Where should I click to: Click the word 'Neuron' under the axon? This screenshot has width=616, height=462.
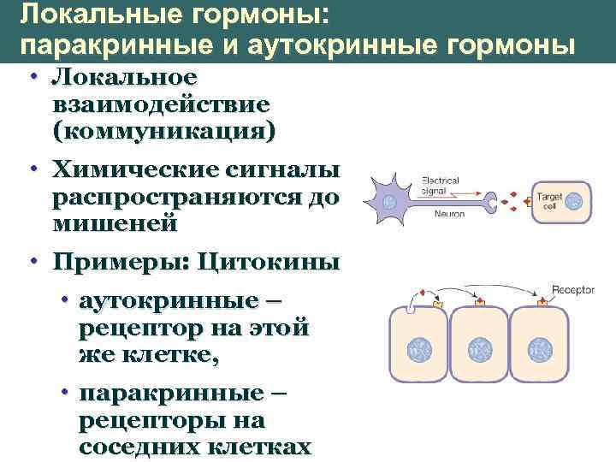pos(449,213)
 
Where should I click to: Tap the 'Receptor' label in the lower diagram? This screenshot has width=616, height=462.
pos(573,290)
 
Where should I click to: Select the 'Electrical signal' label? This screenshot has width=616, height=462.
pos(440,186)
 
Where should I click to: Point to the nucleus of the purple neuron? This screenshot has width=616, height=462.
pos(390,203)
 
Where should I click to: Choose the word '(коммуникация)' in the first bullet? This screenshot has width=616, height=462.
pos(163,132)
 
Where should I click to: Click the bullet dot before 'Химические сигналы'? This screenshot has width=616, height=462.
pos(32,169)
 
